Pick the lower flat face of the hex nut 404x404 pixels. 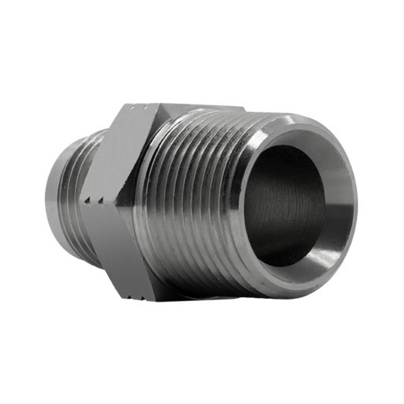116,247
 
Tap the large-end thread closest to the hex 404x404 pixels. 151,202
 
